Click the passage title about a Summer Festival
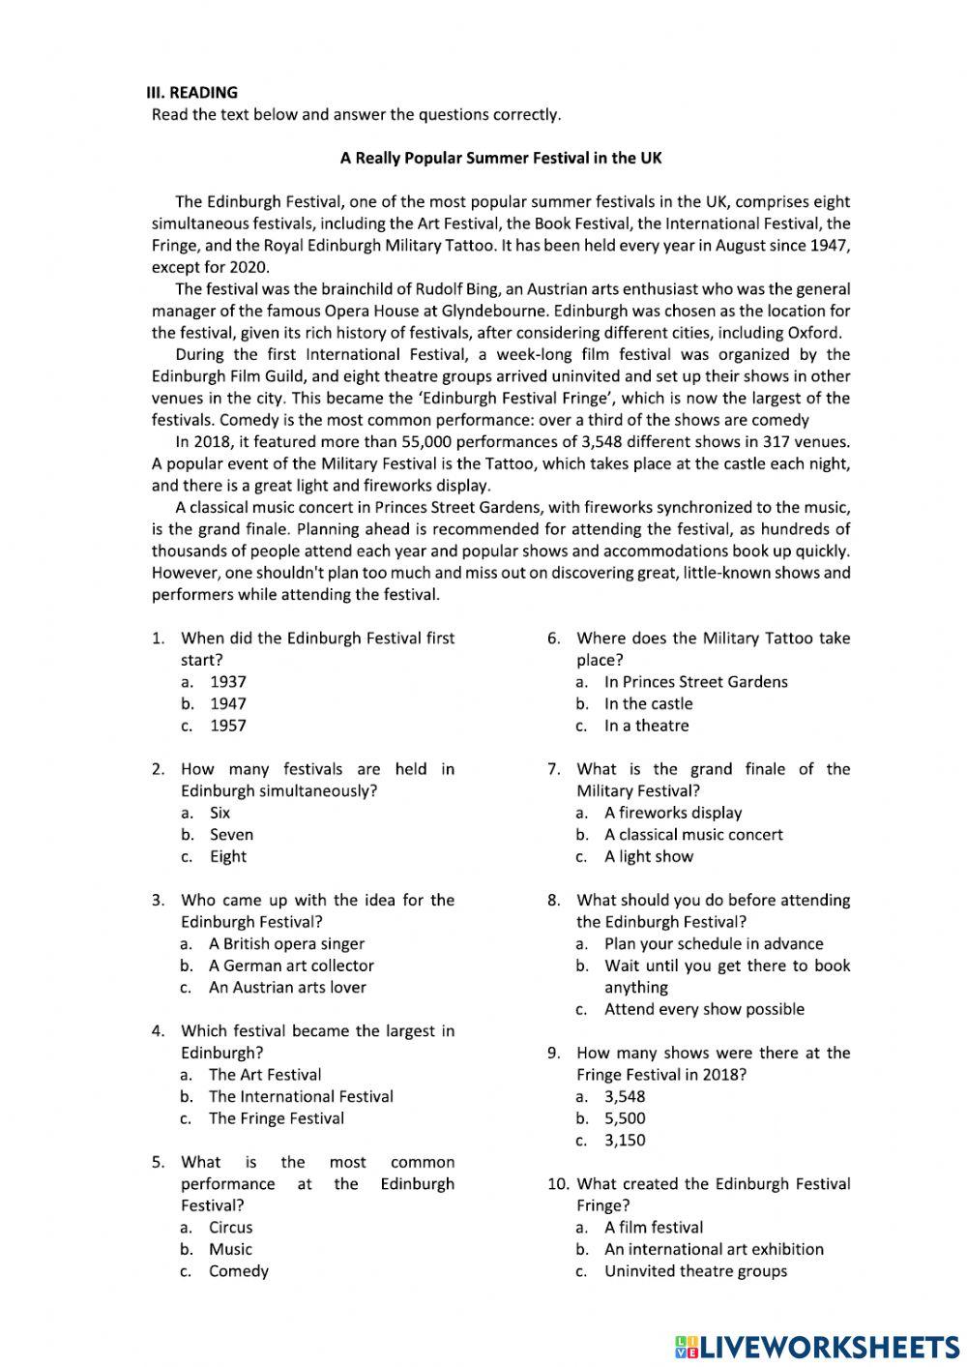[x=501, y=158]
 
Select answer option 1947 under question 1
[x=228, y=704]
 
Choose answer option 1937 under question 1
[x=228, y=682]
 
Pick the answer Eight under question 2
[x=228, y=857]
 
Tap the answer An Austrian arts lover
[x=287, y=988]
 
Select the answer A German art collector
[x=291, y=966]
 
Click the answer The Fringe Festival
[x=277, y=1118]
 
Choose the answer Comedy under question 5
[x=239, y=1271]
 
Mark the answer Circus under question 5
[x=231, y=1228]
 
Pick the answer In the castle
[x=649, y=704]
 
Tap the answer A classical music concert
[x=693, y=835]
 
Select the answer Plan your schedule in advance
[x=714, y=944]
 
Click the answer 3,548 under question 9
[x=625, y=1097]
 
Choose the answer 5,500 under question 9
[x=625, y=1118]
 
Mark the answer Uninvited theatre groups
[x=696, y=1271]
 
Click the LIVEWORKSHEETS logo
[x=817, y=1347]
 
